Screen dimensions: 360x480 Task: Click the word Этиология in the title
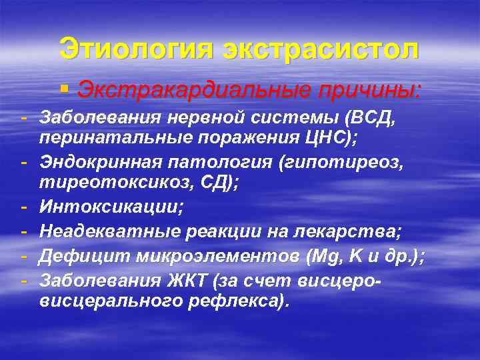click(137, 49)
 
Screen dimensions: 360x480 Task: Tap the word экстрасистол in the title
click(321, 49)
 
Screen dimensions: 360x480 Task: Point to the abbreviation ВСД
click(373, 119)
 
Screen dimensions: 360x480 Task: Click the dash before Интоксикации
click(23, 207)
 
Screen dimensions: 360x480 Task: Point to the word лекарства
click(351, 233)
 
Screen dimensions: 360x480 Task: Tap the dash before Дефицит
click(23, 256)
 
